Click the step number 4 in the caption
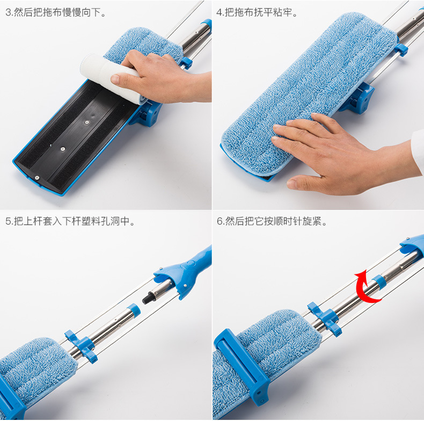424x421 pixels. [219, 12]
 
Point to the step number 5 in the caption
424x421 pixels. [8, 221]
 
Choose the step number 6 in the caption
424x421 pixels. [220, 221]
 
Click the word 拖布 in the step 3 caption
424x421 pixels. [43, 12]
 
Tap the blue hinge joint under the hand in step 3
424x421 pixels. [145, 114]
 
